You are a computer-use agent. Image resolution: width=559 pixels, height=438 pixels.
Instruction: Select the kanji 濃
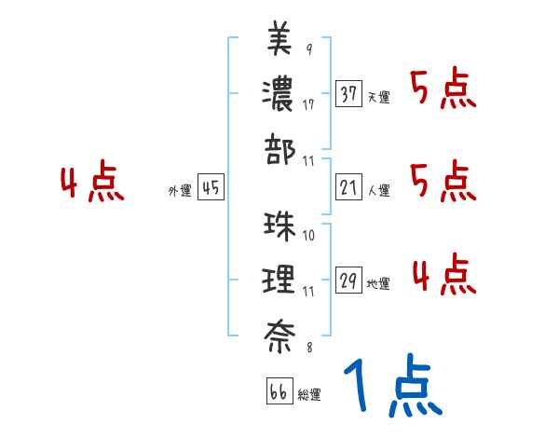tap(279, 93)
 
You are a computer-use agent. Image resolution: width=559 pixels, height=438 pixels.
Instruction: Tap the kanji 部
tap(279, 148)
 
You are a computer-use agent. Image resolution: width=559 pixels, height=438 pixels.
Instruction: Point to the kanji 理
tap(279, 279)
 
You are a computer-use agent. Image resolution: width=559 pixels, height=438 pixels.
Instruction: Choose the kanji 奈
tap(279, 334)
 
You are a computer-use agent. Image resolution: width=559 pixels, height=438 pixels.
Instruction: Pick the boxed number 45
tap(211, 187)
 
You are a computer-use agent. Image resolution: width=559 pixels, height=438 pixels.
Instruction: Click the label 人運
tap(379, 190)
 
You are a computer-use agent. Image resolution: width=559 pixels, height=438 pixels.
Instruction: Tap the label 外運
tap(179, 190)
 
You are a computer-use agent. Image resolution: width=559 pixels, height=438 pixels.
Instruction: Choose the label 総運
tap(309, 395)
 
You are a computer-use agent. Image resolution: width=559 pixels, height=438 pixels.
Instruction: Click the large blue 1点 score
tap(391, 390)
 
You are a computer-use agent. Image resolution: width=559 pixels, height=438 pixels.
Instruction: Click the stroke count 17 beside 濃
tap(308, 104)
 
